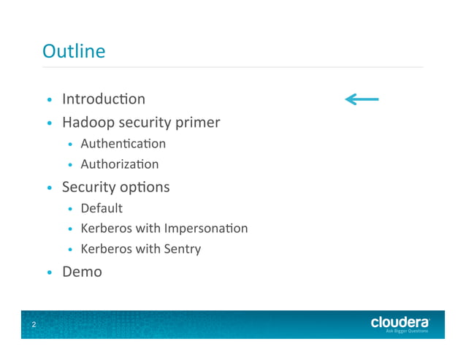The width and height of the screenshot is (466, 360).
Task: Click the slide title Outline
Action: tap(74, 51)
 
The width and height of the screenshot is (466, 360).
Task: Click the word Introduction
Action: tap(103, 99)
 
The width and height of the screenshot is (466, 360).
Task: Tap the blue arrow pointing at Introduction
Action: tap(362, 99)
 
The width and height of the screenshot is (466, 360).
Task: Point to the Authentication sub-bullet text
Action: tap(123, 144)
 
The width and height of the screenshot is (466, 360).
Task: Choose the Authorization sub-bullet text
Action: tap(119, 164)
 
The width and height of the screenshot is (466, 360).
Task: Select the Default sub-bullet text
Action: tap(102, 208)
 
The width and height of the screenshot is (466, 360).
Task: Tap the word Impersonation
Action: tap(206, 229)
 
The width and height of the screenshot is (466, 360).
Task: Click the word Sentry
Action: tap(182, 249)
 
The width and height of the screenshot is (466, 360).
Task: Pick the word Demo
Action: tap(82, 272)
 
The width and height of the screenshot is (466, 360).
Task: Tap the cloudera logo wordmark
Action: tap(400, 321)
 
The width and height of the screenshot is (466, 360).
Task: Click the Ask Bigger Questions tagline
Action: tap(407, 331)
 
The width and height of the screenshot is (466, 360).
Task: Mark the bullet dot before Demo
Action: tap(49, 273)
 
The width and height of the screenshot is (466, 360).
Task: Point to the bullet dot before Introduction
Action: tap(49, 100)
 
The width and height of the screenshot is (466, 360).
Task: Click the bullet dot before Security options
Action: tap(49, 188)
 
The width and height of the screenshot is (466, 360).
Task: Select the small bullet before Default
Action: tap(70, 210)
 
